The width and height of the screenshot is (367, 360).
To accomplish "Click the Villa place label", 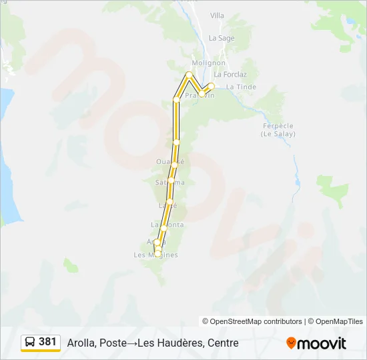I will (x=218, y=15).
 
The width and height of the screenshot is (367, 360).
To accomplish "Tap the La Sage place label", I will (x=222, y=38).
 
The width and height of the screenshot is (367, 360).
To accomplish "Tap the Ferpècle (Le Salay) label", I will (x=277, y=129).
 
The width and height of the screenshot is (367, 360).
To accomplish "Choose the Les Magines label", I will (x=155, y=255).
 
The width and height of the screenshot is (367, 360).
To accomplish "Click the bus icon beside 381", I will (x=30, y=342).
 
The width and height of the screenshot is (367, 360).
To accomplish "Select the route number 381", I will (x=48, y=342).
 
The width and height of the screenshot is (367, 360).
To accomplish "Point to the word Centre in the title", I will (x=223, y=343).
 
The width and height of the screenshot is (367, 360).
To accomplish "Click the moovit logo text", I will (x=322, y=343).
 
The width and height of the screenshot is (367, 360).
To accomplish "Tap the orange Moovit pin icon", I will (x=291, y=343).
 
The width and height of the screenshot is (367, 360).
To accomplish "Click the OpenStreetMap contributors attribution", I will (x=252, y=321).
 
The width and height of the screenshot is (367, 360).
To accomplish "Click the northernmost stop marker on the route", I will (x=190, y=74).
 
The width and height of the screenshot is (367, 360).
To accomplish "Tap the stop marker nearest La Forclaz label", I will (x=212, y=85).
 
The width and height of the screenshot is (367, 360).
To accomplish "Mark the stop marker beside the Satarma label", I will (x=171, y=181).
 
